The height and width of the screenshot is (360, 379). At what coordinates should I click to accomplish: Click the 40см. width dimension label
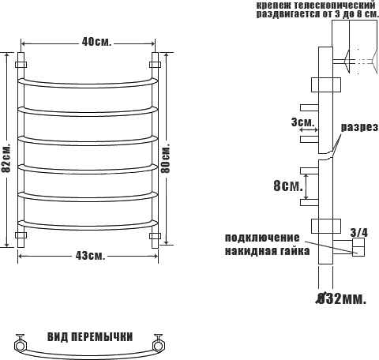pyautogui.click(x=96, y=42)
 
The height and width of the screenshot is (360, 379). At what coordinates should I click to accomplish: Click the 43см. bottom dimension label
pyautogui.click(x=90, y=255)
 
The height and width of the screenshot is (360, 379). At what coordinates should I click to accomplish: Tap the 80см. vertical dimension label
pyautogui.click(x=166, y=159)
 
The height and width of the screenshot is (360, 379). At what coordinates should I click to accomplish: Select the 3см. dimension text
pyautogui.click(x=303, y=122)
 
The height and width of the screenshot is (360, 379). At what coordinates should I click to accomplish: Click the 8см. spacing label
pyautogui.click(x=288, y=186)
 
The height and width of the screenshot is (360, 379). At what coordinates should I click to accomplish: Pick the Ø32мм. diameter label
pyautogui.click(x=341, y=298)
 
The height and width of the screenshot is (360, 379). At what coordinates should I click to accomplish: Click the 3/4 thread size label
pyautogui.click(x=359, y=233)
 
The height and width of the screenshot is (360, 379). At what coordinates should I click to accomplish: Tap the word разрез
pyautogui.click(x=359, y=128)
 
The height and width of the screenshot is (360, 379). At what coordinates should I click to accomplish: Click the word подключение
pyautogui.click(x=262, y=238)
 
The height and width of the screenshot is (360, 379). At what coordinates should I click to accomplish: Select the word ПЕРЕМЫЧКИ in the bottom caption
pyautogui.click(x=102, y=337)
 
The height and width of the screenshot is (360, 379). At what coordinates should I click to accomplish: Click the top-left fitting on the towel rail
pyautogui.click(x=21, y=65)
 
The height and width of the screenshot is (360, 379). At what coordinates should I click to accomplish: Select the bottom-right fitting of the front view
pyautogui.click(x=156, y=235)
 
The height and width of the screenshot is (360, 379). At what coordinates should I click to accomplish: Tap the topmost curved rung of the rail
pyautogui.click(x=88, y=84)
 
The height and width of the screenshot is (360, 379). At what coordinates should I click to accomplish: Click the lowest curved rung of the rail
pyautogui.click(x=88, y=227)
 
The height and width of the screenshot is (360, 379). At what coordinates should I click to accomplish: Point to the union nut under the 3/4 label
pyautogui.click(x=358, y=247)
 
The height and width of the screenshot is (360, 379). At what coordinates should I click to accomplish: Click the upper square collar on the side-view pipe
pyautogui.click(x=326, y=84)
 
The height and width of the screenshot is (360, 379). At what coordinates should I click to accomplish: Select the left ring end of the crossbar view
pyautogui.click(x=20, y=345)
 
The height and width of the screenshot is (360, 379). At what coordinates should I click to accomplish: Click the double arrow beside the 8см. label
pyautogui.click(x=306, y=186)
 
